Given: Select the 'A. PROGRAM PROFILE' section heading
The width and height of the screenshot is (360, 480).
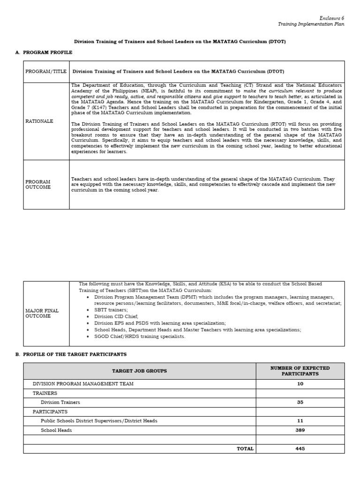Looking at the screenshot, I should coord(44,52).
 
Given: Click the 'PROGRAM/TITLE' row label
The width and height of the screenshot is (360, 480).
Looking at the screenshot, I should coord(46,72).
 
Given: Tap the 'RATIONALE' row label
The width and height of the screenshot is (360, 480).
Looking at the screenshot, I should coord(39,121).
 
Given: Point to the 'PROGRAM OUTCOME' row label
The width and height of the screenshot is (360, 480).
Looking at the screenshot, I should coord(38,184).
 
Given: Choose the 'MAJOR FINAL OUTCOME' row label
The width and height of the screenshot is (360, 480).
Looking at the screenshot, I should coord(42,313).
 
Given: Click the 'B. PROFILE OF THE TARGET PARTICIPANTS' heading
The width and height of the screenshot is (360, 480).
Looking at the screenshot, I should coord(71,354).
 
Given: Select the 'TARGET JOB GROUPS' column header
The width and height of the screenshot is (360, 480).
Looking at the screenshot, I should coord(139,371).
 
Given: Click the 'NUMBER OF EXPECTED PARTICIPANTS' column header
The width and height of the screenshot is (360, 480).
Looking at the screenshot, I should coord(300,371).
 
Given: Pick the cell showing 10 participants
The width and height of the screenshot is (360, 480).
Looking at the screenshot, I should coord(300,384).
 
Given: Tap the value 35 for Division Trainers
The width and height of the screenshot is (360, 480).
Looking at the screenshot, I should coord(300,402).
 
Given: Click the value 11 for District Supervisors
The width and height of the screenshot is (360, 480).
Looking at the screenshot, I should coord(300,421).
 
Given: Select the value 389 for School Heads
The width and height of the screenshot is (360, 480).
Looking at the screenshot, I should coord(300,430).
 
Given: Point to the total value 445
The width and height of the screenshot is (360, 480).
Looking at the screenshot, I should coord(300,449).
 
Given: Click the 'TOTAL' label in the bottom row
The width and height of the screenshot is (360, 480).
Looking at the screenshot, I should coord(245,449).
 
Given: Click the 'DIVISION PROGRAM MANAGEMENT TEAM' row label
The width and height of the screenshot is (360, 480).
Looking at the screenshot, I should coord(83,384).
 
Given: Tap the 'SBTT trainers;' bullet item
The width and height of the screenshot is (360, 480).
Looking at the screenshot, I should coord(111,310).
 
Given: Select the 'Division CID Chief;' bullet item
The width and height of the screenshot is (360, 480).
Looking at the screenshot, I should coord(116,316).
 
